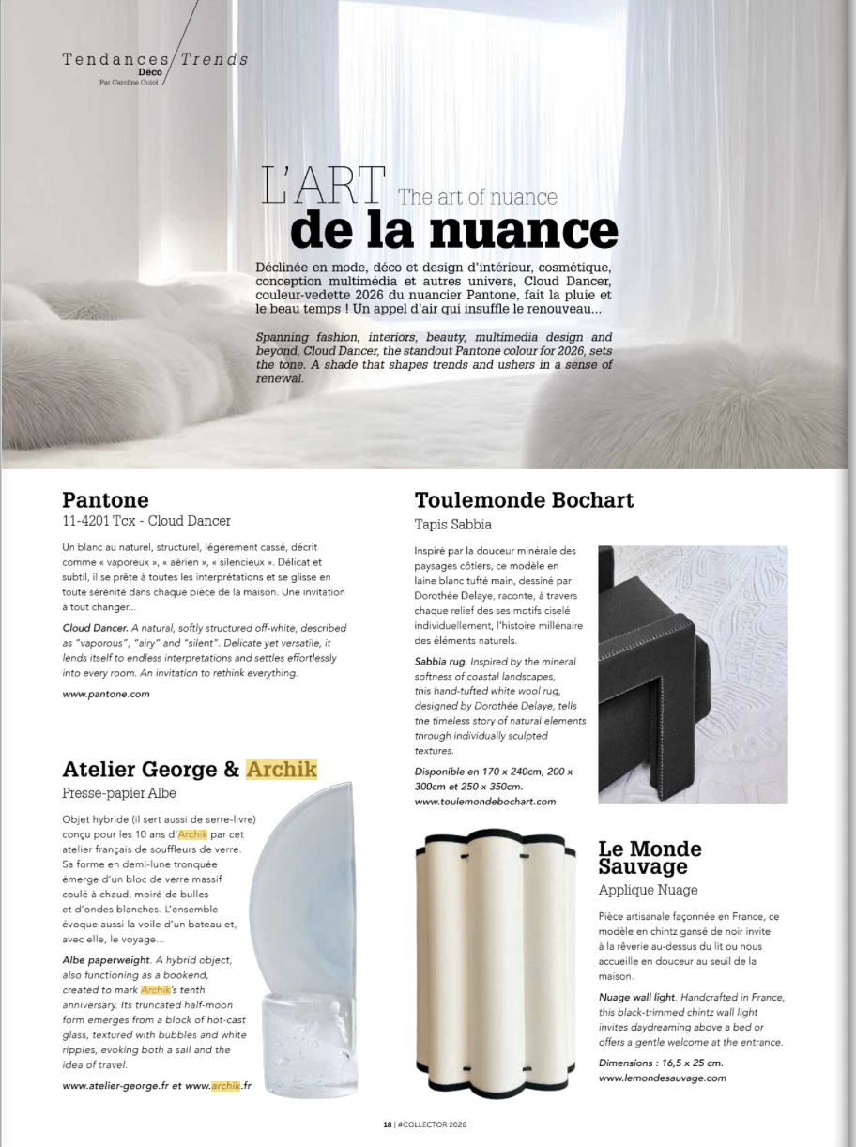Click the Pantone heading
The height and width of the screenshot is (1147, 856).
105,499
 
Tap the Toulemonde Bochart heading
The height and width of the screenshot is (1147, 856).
524,499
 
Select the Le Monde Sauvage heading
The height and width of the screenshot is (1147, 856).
650,857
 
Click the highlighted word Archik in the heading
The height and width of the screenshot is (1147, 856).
282,770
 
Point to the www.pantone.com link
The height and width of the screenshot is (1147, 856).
105,694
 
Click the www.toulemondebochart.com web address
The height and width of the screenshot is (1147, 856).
484,802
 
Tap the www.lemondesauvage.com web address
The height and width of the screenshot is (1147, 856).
662,1078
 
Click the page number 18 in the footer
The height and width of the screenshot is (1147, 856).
386,1124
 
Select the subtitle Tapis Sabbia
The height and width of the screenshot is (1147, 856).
452,524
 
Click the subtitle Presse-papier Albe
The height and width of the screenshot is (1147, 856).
119,793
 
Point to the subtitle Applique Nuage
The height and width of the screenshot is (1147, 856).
648,890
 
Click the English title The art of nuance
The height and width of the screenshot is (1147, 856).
478,197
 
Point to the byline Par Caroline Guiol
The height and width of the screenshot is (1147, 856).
130,81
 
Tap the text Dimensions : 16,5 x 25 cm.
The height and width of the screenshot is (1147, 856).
661,1062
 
